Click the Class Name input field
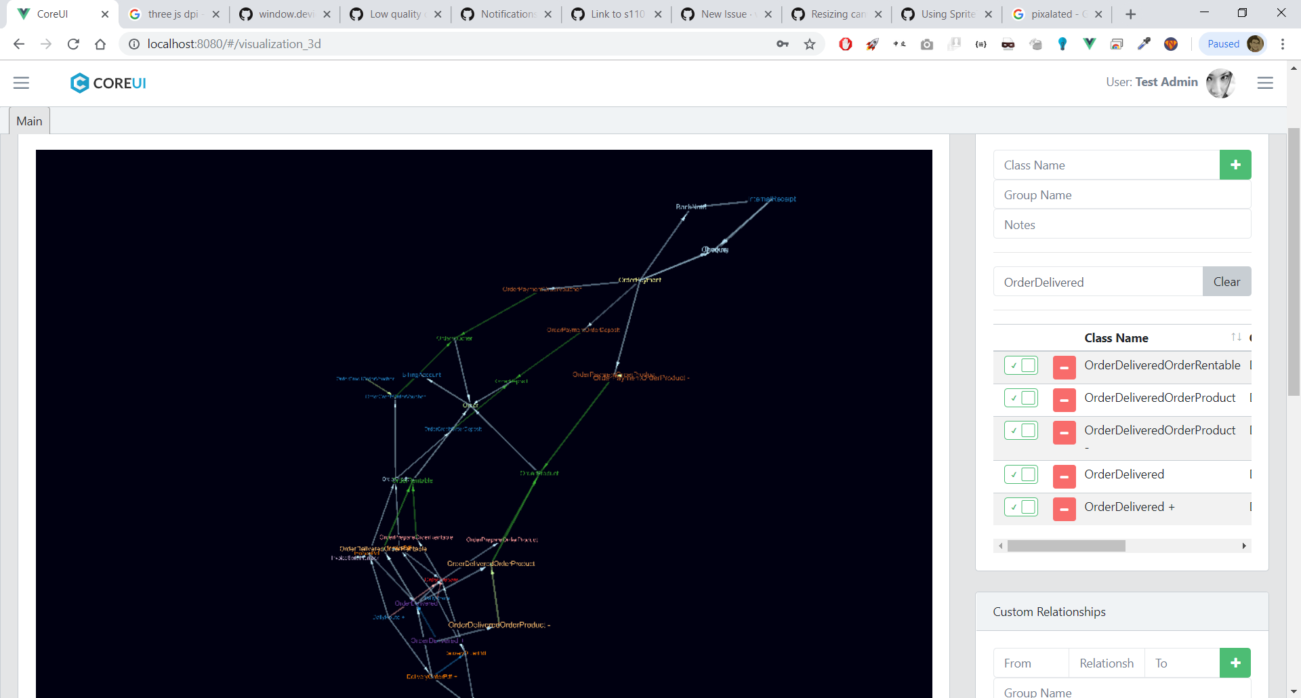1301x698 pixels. [x=1106, y=165]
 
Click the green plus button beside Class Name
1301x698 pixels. [x=1235, y=165]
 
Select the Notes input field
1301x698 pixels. [x=1121, y=225]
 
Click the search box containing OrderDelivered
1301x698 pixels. [x=1098, y=282]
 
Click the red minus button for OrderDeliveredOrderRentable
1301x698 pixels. [x=1064, y=367]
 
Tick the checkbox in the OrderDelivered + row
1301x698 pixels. [x=1028, y=507]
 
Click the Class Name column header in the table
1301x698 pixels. [x=1116, y=338]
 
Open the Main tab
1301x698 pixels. [x=29, y=121]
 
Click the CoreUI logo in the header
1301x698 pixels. [x=108, y=83]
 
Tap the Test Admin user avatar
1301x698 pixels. [x=1220, y=83]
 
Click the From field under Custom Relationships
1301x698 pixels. [x=1031, y=663]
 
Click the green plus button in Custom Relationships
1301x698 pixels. [x=1235, y=663]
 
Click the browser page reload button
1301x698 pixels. [x=73, y=44]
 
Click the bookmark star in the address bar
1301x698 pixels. [x=810, y=44]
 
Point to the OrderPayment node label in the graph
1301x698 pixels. [x=640, y=280]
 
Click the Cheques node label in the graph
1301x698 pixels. [x=715, y=249]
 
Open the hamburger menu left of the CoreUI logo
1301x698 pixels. [x=22, y=83]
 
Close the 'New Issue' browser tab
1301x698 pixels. [x=768, y=14]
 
